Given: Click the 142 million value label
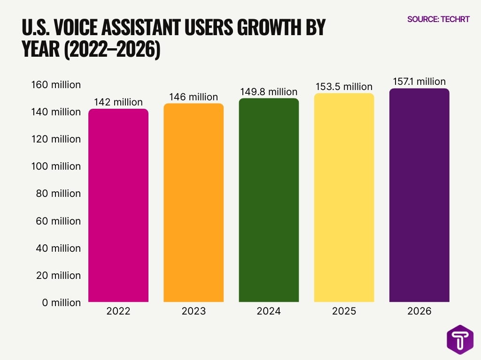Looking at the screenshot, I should (118, 102).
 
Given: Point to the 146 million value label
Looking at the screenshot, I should (194, 97).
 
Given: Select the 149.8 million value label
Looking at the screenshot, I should (269, 91).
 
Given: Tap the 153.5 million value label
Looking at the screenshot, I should (344, 87).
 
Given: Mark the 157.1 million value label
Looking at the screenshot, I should (419, 82).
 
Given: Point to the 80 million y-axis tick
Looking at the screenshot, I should (59, 194).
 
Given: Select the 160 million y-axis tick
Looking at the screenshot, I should (56, 85).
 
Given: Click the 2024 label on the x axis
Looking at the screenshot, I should (269, 311).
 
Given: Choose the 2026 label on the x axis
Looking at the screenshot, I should (419, 311).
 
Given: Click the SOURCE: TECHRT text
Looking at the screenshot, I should (438, 19).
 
